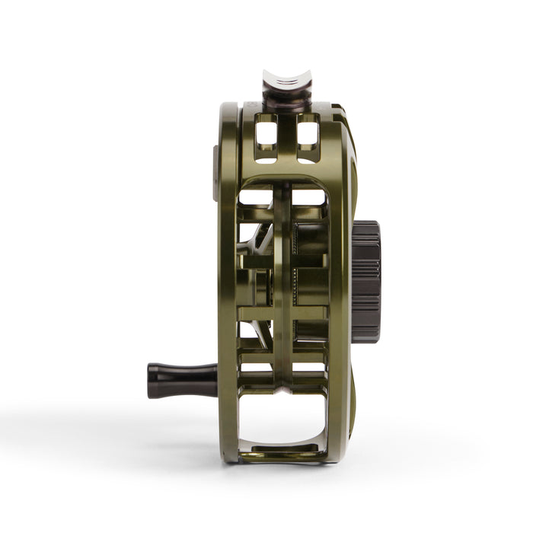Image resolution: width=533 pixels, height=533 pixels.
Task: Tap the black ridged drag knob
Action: click(366, 280)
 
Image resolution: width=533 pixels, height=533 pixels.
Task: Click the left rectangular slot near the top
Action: click(266, 134)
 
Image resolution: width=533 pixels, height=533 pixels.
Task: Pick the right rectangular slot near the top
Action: click(308, 134)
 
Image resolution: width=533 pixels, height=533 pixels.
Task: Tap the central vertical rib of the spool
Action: click(283, 289)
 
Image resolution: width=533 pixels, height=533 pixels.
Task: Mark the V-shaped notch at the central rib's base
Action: click(283, 388)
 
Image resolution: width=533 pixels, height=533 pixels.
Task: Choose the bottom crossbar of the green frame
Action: click(283, 454)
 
